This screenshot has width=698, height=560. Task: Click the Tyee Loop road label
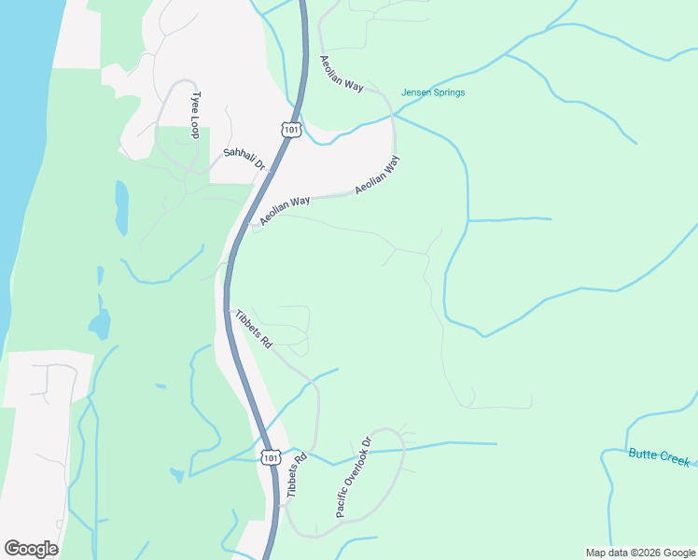click(195, 115)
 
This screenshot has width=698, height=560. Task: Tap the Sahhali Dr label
click(244, 159)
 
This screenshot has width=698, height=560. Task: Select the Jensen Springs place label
click(433, 92)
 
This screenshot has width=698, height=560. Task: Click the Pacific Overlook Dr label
click(354, 478)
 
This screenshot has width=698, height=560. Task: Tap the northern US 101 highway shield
click(291, 129)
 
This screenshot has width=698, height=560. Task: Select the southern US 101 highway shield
click(270, 456)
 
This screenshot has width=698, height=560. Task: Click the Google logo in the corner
click(31, 549)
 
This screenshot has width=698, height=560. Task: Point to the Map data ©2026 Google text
click(639, 553)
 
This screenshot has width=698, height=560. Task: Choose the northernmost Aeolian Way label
click(341, 72)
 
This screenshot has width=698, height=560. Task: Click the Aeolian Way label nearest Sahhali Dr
click(286, 211)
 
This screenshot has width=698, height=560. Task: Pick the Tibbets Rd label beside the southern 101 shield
click(298, 475)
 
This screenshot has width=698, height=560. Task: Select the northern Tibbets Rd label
click(253, 329)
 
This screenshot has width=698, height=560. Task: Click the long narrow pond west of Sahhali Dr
click(121, 207)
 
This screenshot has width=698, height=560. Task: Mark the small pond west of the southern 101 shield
click(177, 475)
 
